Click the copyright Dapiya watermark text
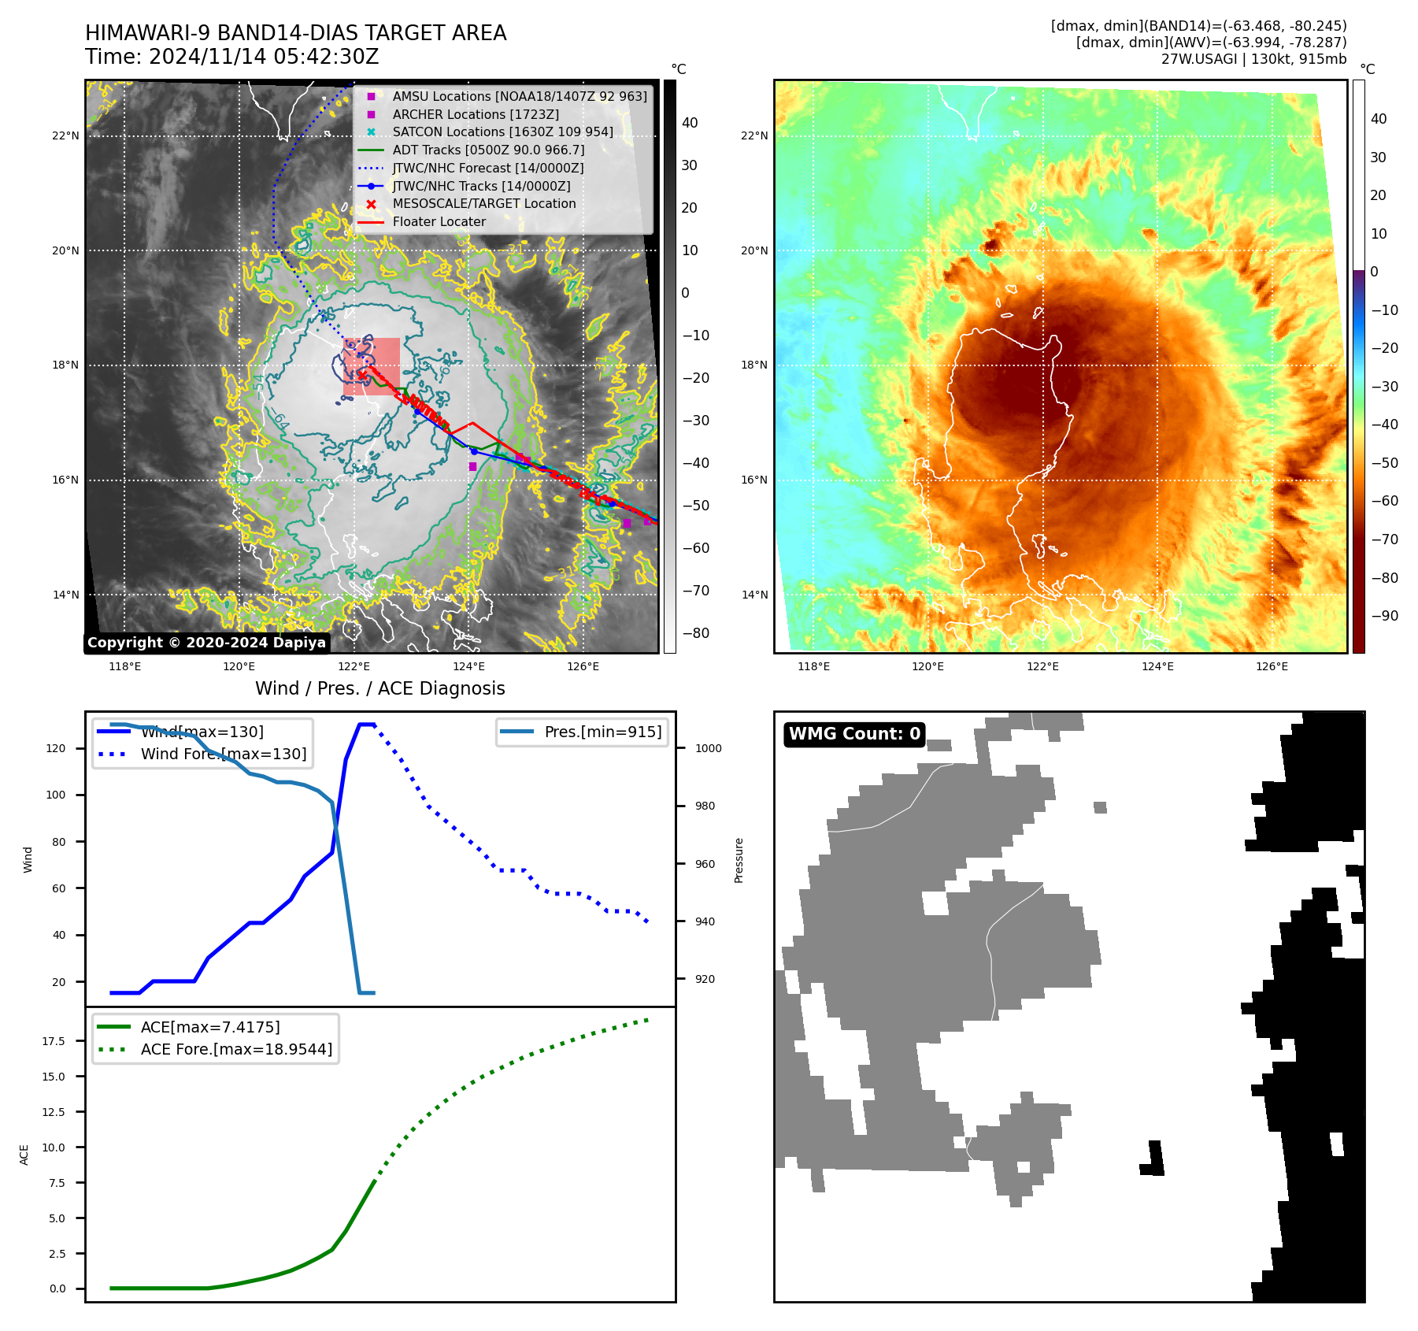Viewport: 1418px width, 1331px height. pyautogui.click(x=206, y=643)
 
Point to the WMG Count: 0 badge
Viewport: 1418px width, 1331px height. pyautogui.click(x=854, y=734)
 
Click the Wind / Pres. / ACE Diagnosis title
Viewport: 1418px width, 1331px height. pyautogui.click(x=379, y=688)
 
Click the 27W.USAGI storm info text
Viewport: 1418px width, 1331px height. pyautogui.click(x=1253, y=59)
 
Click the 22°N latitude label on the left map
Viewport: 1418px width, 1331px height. pyautogui.click(x=65, y=136)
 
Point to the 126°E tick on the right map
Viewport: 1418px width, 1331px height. pyautogui.click(x=1272, y=667)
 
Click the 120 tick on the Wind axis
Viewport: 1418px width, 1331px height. pyautogui.click(x=56, y=748)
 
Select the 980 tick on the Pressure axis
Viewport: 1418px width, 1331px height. pyautogui.click(x=705, y=806)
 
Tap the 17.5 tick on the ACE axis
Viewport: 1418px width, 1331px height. pyautogui.click(x=54, y=1041)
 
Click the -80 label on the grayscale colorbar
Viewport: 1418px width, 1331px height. pyautogui.click(x=695, y=633)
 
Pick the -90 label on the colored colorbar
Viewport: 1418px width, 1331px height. pyautogui.click(x=1384, y=616)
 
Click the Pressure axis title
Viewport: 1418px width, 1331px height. pyautogui.click(x=739, y=860)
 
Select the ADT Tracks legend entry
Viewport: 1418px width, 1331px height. pyautogui.click(x=488, y=150)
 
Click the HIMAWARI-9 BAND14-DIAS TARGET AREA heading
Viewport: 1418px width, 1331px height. pyautogui.click(x=295, y=34)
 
